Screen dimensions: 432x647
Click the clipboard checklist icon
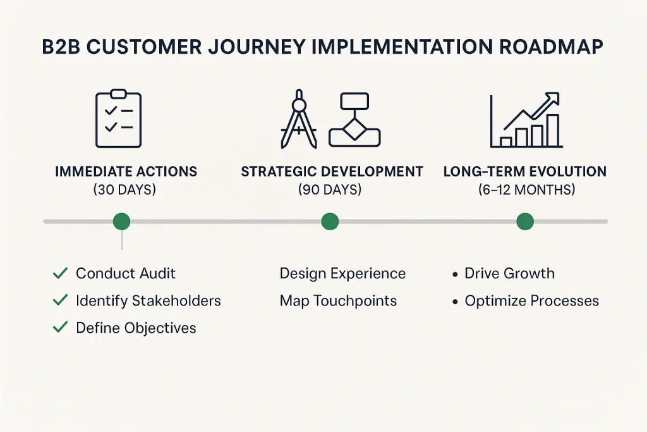pyautogui.click(x=118, y=120)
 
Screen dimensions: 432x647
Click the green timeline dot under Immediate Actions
pyautogui.click(x=121, y=221)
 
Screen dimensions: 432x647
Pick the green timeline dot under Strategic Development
pyautogui.click(x=330, y=221)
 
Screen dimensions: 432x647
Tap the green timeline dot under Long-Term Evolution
pyautogui.click(x=525, y=221)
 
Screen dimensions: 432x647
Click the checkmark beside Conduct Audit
pyautogui.click(x=61, y=273)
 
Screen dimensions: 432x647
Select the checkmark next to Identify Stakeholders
pyautogui.click(x=61, y=300)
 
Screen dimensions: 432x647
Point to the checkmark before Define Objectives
pyautogui.click(x=61, y=328)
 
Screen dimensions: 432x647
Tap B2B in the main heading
pyautogui.click(x=64, y=49)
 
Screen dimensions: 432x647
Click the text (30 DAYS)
pyautogui.click(x=125, y=190)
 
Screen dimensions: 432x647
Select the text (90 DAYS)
pyautogui.click(x=330, y=190)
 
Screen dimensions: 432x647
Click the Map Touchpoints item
pyautogui.click(x=338, y=301)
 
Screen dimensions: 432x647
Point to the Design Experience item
pyautogui.click(x=342, y=273)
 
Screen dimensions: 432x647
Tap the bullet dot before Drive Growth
pyautogui.click(x=455, y=275)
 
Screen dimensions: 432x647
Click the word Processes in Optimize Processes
pyautogui.click(x=565, y=301)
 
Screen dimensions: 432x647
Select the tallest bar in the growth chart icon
pyautogui.click(x=553, y=130)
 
